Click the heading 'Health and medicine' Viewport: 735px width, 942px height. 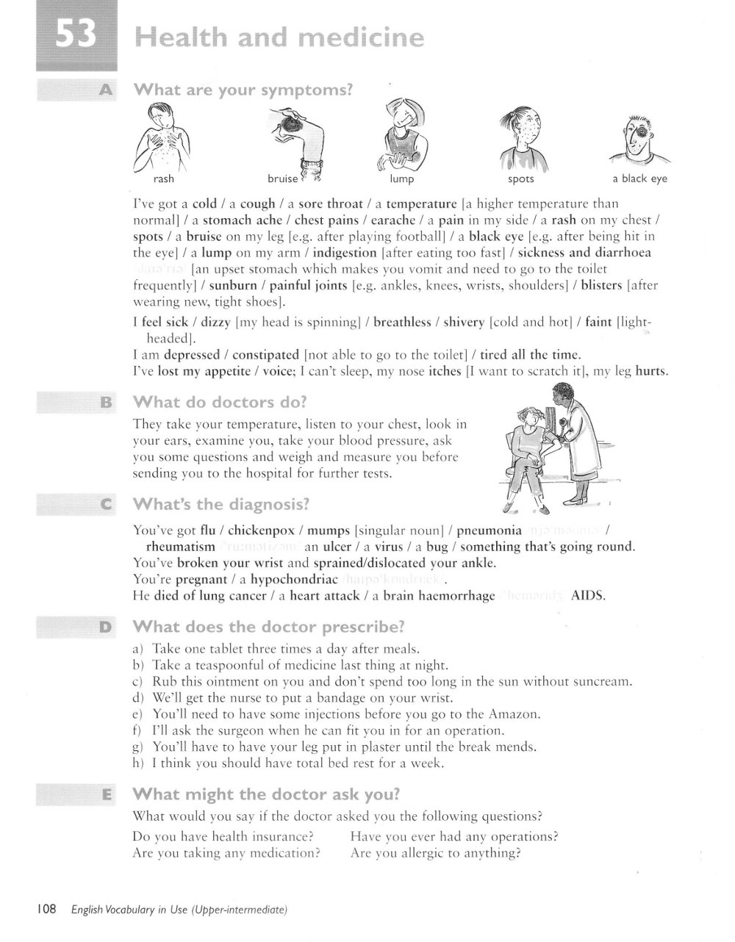[279, 37]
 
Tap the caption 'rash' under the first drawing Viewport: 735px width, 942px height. [163, 179]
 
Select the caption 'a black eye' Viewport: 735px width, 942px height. [639, 179]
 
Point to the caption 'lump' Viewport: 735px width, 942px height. [401, 179]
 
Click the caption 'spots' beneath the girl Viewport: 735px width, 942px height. [520, 179]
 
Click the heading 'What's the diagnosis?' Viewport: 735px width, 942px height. [220, 505]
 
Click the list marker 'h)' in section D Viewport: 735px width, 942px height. [138, 763]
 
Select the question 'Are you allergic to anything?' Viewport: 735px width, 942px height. [436, 853]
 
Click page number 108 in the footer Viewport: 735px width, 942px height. [46, 910]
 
